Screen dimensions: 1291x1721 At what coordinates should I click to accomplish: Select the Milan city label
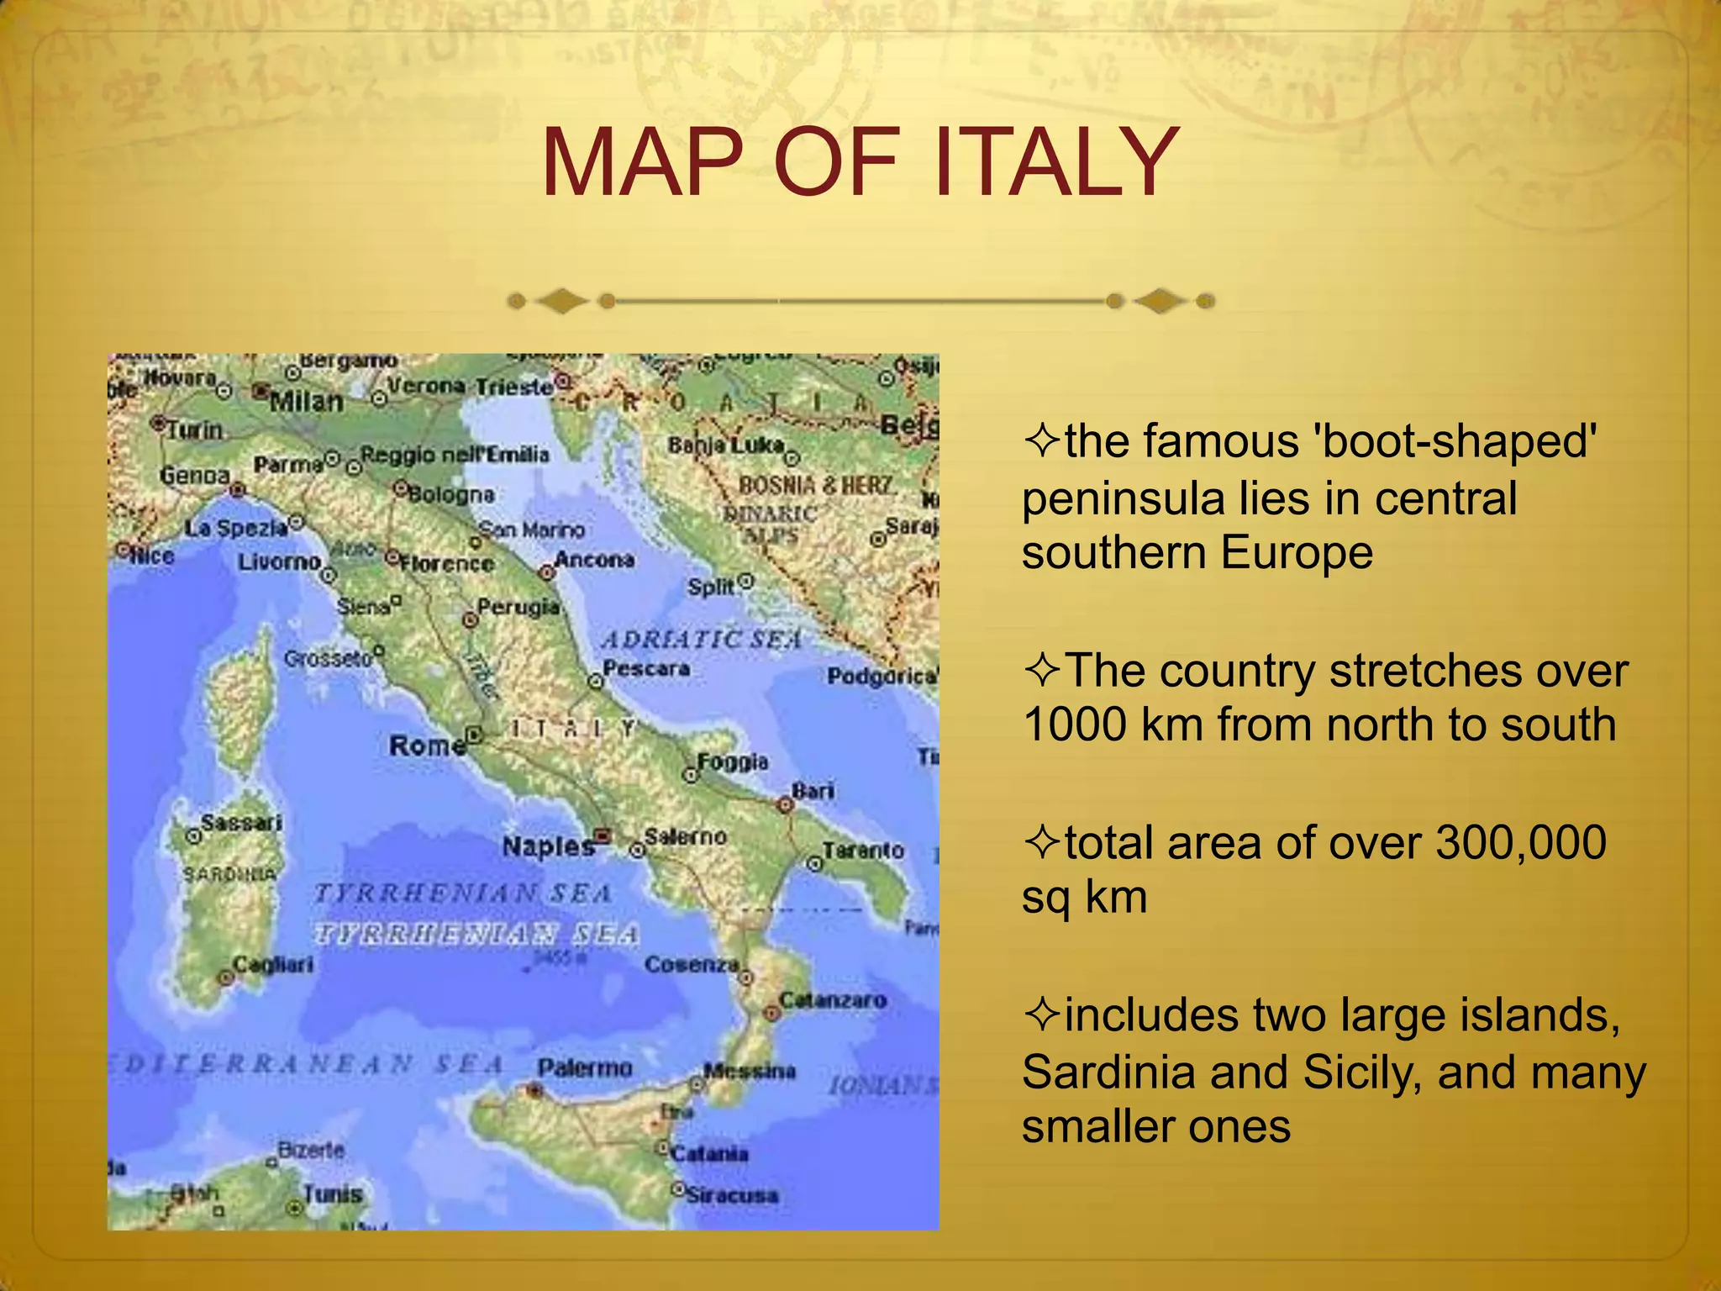pyautogui.click(x=307, y=402)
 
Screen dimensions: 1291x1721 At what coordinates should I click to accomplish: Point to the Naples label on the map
pyautogui.click(x=548, y=846)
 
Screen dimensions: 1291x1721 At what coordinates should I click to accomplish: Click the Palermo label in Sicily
pyautogui.click(x=584, y=1068)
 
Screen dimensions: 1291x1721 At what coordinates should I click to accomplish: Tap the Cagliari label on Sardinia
pyautogui.click(x=273, y=964)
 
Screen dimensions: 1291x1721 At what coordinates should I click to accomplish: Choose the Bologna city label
pyautogui.click(x=451, y=493)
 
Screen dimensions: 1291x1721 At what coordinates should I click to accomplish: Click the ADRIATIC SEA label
pyautogui.click(x=702, y=640)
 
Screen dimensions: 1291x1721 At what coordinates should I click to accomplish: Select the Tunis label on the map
pyautogui.click(x=333, y=1194)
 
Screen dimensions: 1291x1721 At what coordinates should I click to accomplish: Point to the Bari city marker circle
pyautogui.click(x=785, y=805)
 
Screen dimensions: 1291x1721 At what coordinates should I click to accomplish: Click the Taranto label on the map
pyautogui.click(x=863, y=851)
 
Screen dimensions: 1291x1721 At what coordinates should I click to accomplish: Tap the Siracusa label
pyautogui.click(x=732, y=1194)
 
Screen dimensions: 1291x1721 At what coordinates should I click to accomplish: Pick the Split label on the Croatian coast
pyautogui.click(x=711, y=587)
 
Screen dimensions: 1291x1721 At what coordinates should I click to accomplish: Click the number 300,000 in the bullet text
pyautogui.click(x=1520, y=843)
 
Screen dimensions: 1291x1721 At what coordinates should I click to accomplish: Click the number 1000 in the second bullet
pyautogui.click(x=1075, y=725)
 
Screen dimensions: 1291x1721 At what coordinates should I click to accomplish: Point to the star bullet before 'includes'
pyautogui.click(x=1041, y=1014)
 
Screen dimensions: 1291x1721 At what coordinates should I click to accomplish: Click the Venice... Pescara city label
pyautogui.click(x=646, y=669)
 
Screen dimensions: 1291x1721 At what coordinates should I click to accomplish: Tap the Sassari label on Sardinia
pyautogui.click(x=241, y=822)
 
